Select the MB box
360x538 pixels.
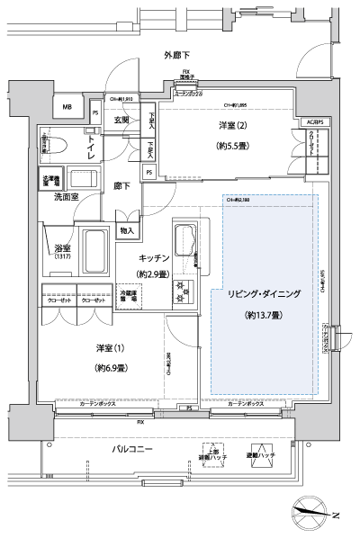(x=67, y=108)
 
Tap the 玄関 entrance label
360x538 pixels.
(x=121, y=120)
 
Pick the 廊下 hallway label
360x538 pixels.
(x=121, y=187)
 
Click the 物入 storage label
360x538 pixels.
(x=128, y=231)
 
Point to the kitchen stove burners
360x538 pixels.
(x=184, y=291)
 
